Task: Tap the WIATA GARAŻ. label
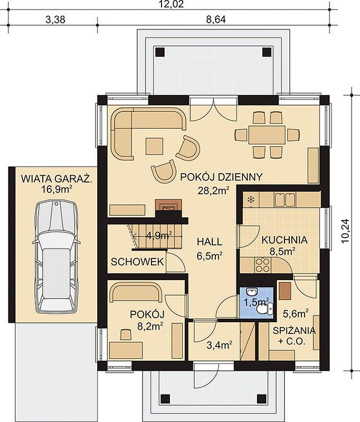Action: coord(56,179)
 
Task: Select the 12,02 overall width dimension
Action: coord(172,5)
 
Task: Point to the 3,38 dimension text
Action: coord(55,20)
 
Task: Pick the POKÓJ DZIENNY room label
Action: coord(221,177)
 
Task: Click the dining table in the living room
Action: coord(267,135)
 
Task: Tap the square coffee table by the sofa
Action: coord(154,146)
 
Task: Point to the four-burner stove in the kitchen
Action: coord(262,265)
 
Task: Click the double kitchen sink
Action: coord(285,199)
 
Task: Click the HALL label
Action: coord(210,242)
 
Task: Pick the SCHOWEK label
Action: coord(137,262)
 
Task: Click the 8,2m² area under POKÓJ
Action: coord(150,327)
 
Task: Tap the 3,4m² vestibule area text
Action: coord(220,345)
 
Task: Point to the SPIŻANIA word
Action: coord(294,331)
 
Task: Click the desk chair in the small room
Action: coord(126,334)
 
